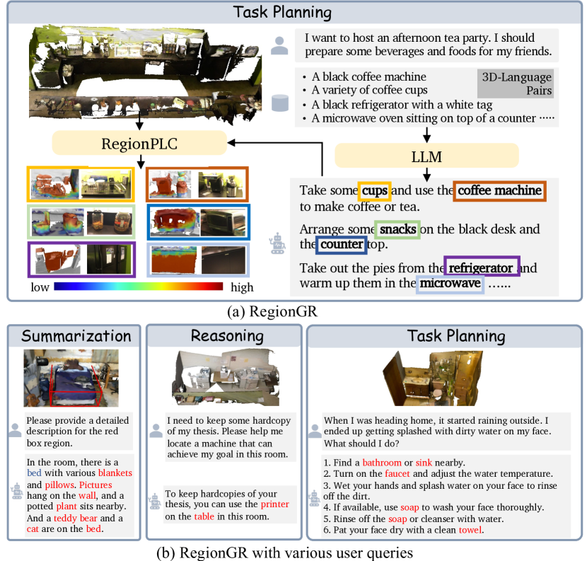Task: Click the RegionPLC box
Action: click(x=139, y=143)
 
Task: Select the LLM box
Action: click(x=426, y=156)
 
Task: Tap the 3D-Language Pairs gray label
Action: click(x=516, y=83)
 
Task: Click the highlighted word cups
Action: click(x=374, y=190)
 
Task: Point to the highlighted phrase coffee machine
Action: click(x=499, y=190)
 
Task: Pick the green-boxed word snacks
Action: click(x=397, y=229)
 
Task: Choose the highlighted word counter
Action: click(x=342, y=245)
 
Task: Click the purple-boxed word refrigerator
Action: click(x=482, y=267)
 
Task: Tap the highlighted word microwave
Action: click(x=450, y=284)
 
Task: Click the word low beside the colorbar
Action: click(x=40, y=287)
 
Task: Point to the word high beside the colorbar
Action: click(x=242, y=287)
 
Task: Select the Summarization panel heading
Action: click(x=76, y=336)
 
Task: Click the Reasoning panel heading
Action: click(x=227, y=336)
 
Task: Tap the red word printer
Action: click(x=275, y=504)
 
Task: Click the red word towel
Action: click(x=470, y=530)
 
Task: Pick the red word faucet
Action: click(x=397, y=474)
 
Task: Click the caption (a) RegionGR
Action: click(x=272, y=311)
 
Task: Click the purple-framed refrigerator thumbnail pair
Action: click(x=81, y=259)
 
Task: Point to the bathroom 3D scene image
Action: click(x=433, y=378)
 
